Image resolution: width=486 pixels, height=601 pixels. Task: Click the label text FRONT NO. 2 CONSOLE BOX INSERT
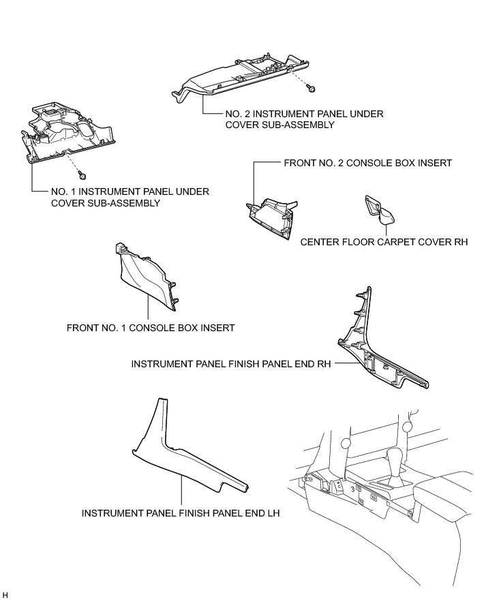[x=367, y=164]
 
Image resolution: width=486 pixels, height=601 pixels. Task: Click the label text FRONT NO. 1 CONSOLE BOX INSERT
[x=151, y=328]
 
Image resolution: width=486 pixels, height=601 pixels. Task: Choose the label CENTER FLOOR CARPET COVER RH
[x=384, y=242]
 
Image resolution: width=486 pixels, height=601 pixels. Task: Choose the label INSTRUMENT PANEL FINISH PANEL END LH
[x=181, y=513]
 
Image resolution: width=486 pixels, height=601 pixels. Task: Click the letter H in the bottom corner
[x=5, y=595]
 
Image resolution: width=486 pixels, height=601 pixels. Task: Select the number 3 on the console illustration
[x=350, y=489]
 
